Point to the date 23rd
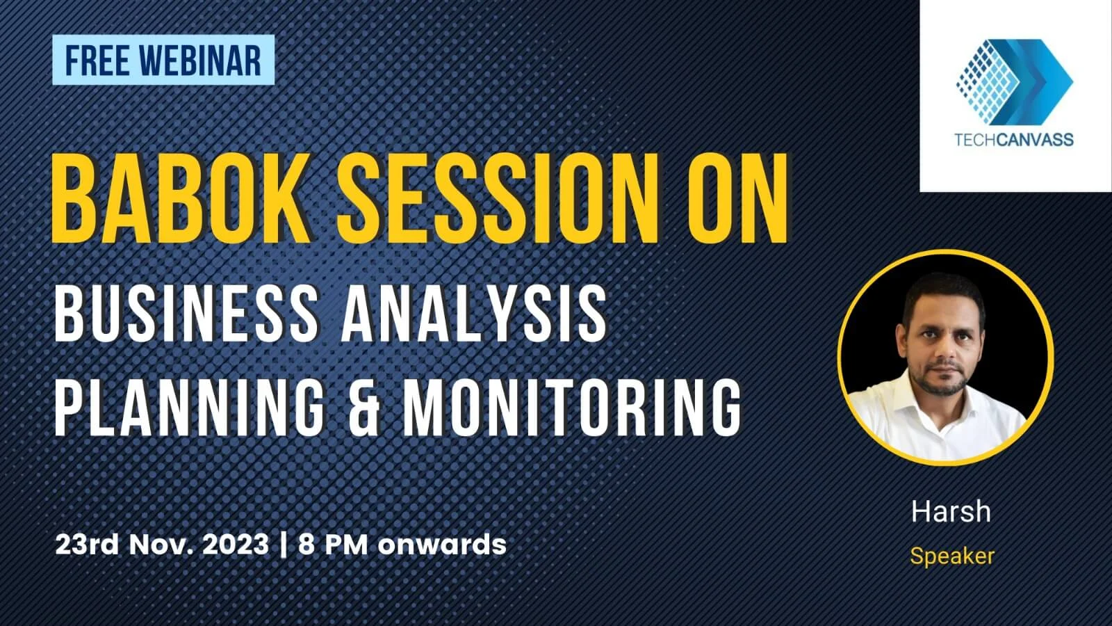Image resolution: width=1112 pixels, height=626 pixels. click(86, 544)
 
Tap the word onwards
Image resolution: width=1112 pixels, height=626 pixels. click(442, 544)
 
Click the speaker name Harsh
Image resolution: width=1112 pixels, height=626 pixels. click(951, 512)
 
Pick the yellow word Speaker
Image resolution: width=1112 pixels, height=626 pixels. click(952, 556)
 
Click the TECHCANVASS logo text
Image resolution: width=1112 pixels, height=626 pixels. click(1014, 140)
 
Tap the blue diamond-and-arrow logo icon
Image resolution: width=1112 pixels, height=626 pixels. click(1014, 77)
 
